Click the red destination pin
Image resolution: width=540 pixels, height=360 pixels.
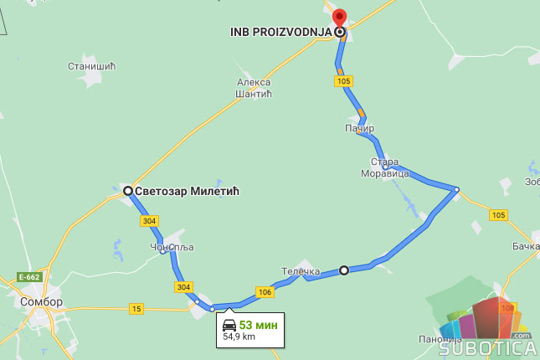tap(339, 19)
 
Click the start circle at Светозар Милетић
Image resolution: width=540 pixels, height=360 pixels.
tap(128, 191)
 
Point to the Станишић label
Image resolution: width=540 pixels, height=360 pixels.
tap(91, 65)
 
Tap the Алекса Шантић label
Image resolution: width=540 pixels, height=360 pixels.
tap(255, 88)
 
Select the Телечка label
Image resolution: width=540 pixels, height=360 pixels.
tap(301, 271)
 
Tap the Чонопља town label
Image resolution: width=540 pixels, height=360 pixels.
tap(166, 247)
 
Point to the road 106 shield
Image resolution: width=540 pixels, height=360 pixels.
tap(265, 291)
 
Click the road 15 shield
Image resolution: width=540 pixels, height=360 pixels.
tap(136, 309)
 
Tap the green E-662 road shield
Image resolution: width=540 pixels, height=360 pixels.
tap(28, 277)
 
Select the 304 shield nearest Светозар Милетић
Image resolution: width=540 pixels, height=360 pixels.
tap(149, 221)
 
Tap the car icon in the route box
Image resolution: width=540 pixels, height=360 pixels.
tap(229, 325)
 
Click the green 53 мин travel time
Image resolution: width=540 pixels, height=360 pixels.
tap(258, 325)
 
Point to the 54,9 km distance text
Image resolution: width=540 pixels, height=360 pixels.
tap(239, 337)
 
